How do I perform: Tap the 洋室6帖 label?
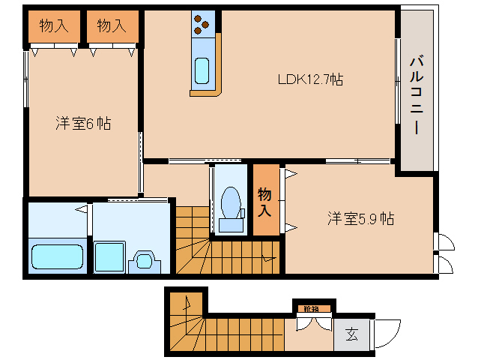tap(83, 124)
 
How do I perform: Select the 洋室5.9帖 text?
tap(360, 219)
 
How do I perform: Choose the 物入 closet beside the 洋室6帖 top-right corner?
tap(112, 27)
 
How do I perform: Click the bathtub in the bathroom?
tap(57, 256)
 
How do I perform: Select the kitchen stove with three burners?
tap(203, 25)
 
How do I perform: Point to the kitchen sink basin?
tap(202, 70)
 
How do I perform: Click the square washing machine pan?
tap(109, 256)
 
